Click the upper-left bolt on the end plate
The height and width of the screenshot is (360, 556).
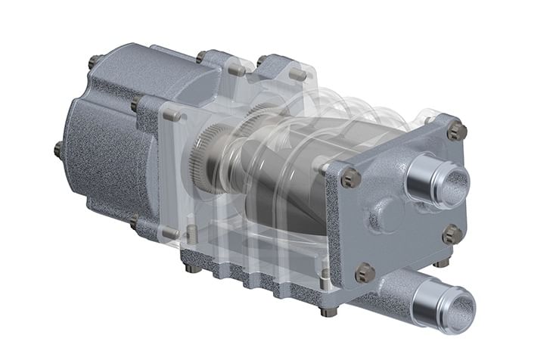coord(347,178)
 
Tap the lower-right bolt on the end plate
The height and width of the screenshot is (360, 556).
coord(452,232)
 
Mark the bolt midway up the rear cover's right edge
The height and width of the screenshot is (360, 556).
coord(136,104)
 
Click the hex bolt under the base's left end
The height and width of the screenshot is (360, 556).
coord(194,268)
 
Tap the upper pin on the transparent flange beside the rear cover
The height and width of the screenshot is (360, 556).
coord(172,115)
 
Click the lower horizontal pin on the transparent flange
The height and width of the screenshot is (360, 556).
coord(171,234)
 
